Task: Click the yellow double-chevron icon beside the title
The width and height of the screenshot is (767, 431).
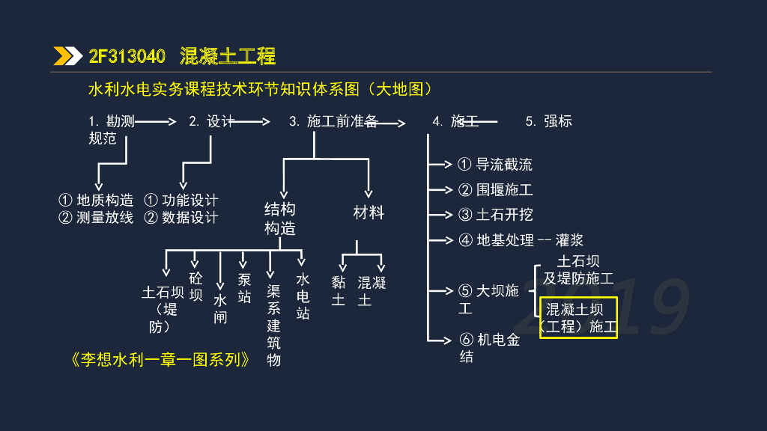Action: tap(68, 56)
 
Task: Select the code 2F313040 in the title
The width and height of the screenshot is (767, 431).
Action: tap(127, 56)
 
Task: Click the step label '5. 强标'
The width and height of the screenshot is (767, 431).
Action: tap(548, 121)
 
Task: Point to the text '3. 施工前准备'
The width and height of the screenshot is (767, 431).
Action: tap(333, 121)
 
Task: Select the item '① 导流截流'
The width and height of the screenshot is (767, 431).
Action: tap(495, 165)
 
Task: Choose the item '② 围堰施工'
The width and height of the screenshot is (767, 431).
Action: tap(495, 190)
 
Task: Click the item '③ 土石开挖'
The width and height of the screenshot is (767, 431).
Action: tap(495, 215)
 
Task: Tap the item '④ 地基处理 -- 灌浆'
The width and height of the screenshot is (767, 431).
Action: tap(521, 240)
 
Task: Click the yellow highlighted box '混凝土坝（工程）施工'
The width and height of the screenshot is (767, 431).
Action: tap(578, 318)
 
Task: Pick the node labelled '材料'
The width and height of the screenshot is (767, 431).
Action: tap(369, 213)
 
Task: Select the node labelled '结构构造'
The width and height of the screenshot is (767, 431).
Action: tap(280, 218)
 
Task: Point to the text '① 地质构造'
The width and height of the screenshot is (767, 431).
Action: tap(96, 201)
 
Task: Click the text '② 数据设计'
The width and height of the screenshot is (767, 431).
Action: tap(181, 218)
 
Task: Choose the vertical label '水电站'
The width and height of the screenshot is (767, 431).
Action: tap(303, 296)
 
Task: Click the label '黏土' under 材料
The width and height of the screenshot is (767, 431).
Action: tap(339, 291)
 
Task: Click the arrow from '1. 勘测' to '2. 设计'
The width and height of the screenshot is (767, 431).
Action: tap(156, 120)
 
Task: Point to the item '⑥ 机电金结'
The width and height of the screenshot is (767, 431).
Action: tap(489, 348)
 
